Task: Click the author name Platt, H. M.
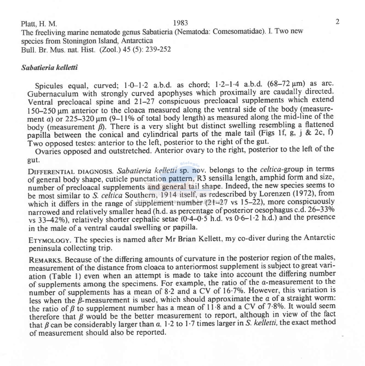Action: point(39,24)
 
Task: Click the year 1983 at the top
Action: point(181,23)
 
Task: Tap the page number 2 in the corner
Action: point(337,22)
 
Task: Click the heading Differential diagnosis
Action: point(70,172)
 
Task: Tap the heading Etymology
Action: point(50,240)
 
